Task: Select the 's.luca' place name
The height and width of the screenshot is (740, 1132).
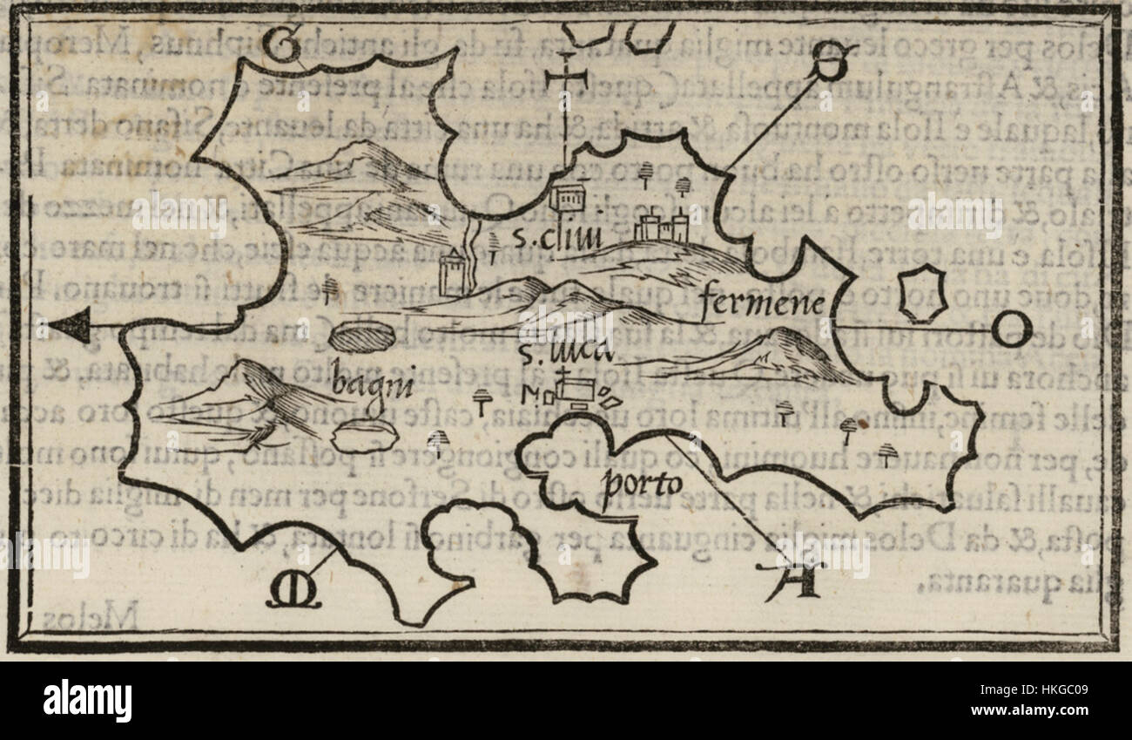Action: pyautogui.click(x=564, y=353)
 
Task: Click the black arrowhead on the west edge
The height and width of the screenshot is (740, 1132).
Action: pyautogui.click(x=73, y=328)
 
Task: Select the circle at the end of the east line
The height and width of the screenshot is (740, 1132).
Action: pyautogui.click(x=1013, y=329)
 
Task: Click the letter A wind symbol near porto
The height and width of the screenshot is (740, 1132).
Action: pyautogui.click(x=792, y=579)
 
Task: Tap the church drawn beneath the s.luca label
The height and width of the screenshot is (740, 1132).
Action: pyautogui.click(x=575, y=390)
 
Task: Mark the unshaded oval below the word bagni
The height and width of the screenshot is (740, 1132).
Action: pyautogui.click(x=366, y=436)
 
